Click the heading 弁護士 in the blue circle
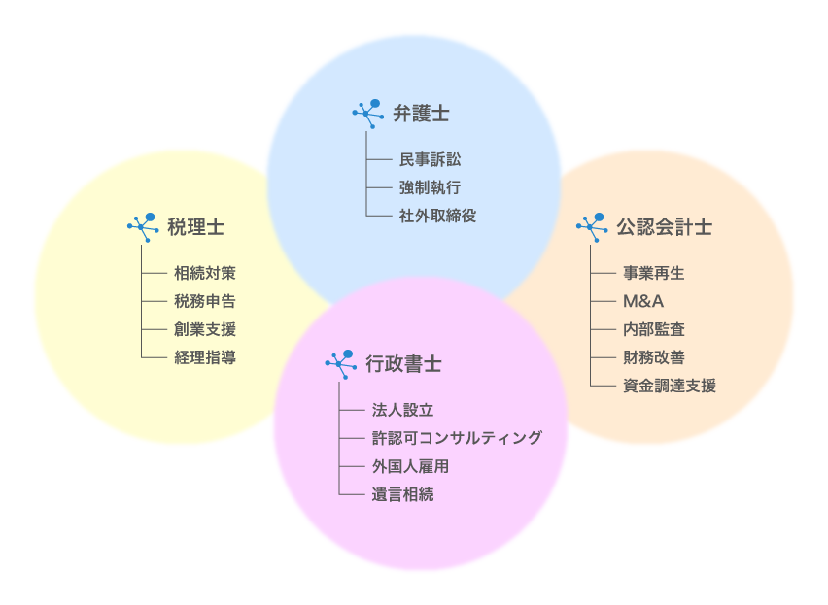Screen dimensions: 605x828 coord(421,114)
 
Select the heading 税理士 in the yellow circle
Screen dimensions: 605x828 coord(196,227)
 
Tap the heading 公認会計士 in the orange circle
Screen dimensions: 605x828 coord(664,227)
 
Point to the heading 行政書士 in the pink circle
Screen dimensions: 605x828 coord(404,364)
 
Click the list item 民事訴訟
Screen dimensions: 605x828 coord(430,159)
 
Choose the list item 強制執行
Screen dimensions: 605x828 coord(430,187)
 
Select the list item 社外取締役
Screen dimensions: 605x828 coord(437,216)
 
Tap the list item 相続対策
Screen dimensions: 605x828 coord(205,274)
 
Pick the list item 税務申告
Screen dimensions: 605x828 coord(205,302)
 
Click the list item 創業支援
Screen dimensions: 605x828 coord(205,330)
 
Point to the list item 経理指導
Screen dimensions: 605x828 coord(205,358)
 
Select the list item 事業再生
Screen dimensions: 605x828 coord(653,274)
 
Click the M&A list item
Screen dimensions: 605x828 coord(643,302)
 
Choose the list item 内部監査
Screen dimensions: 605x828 coord(653,330)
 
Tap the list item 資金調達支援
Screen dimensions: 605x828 coord(669,387)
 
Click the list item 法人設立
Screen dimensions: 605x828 coord(402,411)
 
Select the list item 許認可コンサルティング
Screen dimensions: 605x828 coord(457,439)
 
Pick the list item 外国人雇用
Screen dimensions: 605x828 coord(410,467)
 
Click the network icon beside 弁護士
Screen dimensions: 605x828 coord(366,113)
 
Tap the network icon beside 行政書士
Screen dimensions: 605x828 coord(339,364)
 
